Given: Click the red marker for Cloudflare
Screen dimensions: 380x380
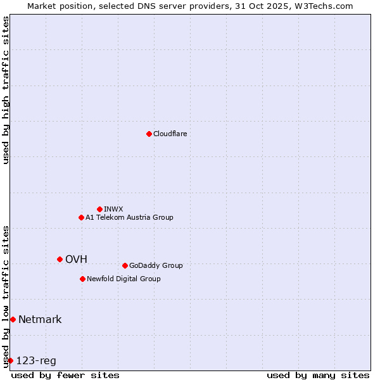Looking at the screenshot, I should point(149,134).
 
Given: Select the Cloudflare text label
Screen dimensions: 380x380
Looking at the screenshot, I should point(170,134).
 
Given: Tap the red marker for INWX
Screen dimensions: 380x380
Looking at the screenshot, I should point(99,209).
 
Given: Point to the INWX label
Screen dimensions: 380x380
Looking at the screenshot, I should point(113,209).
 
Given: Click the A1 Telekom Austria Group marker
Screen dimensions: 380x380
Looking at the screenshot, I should point(81,217).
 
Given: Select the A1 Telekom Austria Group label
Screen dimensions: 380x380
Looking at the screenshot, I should point(129,217).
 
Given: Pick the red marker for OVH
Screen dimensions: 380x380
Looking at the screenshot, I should point(60,259).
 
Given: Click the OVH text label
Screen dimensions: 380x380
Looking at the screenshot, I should point(76,259).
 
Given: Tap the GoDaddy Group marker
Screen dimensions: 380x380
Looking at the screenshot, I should point(125,265).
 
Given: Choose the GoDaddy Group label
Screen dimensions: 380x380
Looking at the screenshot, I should point(155,265).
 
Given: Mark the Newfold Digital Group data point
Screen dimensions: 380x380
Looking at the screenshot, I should point(82,279).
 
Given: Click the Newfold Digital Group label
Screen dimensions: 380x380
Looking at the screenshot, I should point(123,279).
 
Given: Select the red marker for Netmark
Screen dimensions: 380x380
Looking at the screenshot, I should point(13,319).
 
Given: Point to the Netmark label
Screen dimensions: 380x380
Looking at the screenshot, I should point(40,319).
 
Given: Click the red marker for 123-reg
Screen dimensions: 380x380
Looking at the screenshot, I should point(10,360).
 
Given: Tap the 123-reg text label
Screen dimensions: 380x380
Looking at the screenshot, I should point(36,361).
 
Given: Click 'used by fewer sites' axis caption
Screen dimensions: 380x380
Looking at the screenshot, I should point(65,375).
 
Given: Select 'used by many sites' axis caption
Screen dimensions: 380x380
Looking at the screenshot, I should point(318,375).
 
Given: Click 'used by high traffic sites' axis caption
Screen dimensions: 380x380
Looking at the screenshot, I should point(6,90).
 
